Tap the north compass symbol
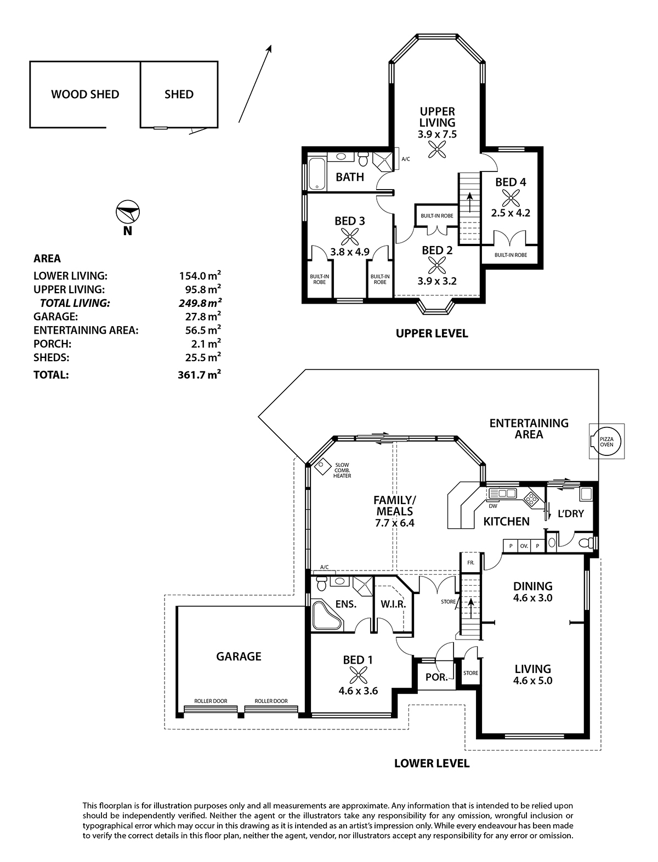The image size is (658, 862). (128, 213)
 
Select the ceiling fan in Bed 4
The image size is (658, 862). (510, 198)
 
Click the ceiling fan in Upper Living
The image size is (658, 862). (437, 149)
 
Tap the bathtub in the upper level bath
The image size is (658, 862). (317, 174)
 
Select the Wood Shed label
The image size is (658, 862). (85, 94)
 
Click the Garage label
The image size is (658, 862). (239, 657)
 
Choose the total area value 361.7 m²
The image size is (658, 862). (199, 374)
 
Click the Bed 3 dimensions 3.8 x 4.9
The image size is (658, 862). (350, 252)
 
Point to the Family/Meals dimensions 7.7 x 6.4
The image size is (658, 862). (394, 523)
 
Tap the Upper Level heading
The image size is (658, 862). (432, 333)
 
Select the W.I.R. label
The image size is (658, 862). (393, 604)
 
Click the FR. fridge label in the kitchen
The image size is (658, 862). (470, 563)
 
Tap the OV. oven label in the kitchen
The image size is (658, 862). (524, 546)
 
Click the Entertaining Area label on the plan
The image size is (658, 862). (529, 429)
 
